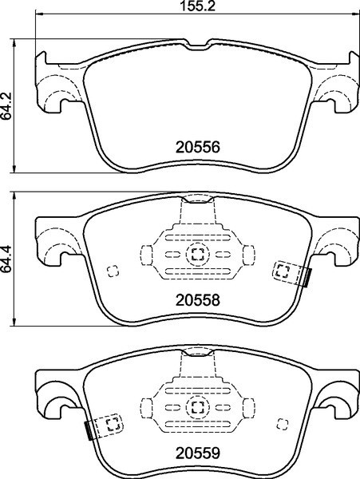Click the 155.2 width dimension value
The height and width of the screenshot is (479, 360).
click(x=197, y=6)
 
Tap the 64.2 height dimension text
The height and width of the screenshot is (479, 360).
click(x=6, y=105)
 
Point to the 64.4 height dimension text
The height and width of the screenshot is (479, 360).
click(x=6, y=259)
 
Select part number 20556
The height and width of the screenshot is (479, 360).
click(x=197, y=148)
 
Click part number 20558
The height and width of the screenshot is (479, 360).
click(x=197, y=300)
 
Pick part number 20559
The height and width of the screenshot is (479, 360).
click(x=197, y=453)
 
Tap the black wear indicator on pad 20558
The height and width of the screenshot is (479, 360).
click(x=308, y=278)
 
